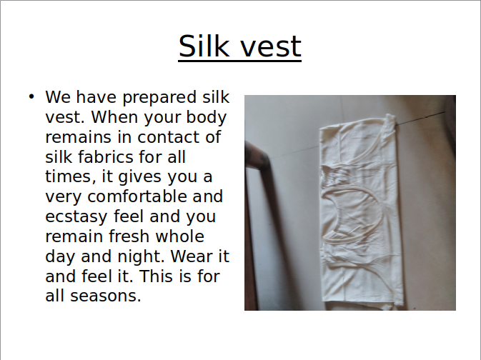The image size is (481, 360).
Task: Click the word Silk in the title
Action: click(204, 46)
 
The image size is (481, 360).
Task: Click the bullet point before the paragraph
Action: click(31, 96)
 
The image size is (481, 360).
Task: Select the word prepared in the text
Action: click(159, 98)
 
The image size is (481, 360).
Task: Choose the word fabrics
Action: click(106, 157)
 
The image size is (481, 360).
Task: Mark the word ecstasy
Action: click(76, 217)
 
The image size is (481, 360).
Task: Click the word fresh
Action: click(129, 236)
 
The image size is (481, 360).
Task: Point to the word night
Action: click(141, 257)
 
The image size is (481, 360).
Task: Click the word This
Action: click(156, 276)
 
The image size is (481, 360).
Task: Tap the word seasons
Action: click(106, 296)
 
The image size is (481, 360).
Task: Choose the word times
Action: click(69, 177)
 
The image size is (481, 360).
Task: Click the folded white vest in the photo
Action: click(361, 211)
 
